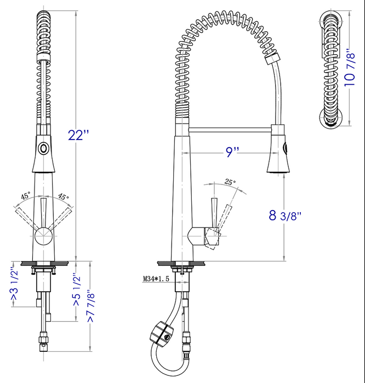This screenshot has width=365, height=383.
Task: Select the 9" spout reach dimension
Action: [232, 152]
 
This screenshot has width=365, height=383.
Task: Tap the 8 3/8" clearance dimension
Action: [285, 215]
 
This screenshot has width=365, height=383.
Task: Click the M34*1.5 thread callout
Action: [155, 279]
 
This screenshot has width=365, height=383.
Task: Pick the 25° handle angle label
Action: [230, 183]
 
